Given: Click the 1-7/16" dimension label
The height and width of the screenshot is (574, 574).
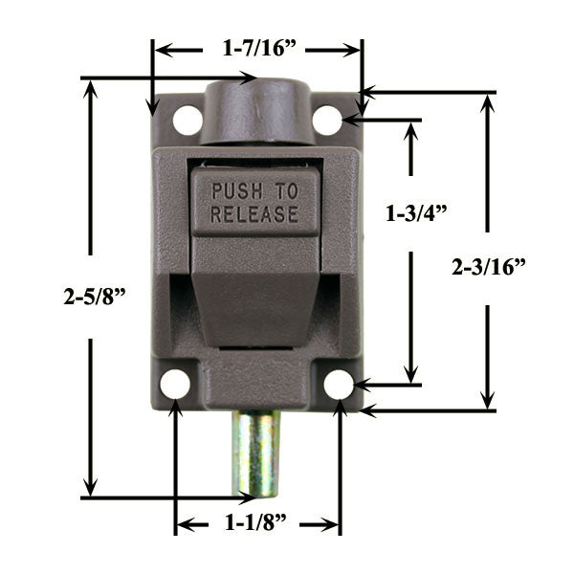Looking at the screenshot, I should pyautogui.click(x=256, y=48).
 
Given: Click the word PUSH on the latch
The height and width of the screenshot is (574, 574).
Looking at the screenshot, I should pyautogui.click(x=240, y=190).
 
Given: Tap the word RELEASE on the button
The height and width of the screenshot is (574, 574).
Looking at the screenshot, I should pyautogui.click(x=254, y=214).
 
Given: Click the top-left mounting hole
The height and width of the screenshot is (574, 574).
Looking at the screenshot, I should pyautogui.click(x=188, y=121).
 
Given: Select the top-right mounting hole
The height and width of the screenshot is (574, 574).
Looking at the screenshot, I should pyautogui.click(x=327, y=121).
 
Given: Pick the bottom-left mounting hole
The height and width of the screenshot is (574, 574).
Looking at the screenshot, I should pyautogui.click(x=175, y=384).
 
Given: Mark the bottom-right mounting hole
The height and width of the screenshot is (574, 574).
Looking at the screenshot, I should pyautogui.click(x=339, y=384).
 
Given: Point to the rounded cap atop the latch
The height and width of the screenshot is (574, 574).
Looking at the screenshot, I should pyautogui.click(x=256, y=109).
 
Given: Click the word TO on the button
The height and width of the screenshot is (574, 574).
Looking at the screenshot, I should pyautogui.click(x=286, y=190).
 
